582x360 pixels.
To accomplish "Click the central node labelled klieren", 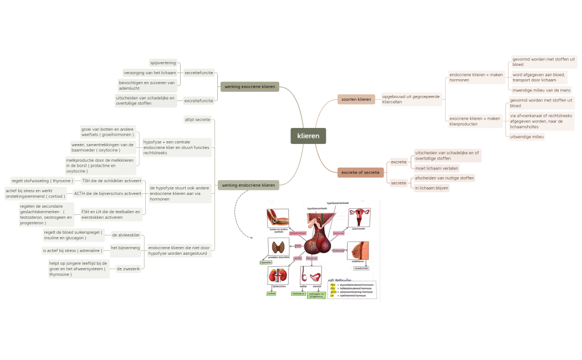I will coord(308,136).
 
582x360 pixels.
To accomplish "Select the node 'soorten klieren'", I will coord(356,99).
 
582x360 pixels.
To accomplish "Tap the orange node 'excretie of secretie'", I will coord(360,172).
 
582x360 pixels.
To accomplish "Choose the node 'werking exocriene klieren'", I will coord(249,86).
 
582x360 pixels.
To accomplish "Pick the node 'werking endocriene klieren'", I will coord(248,185).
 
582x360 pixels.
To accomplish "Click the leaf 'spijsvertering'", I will coord(162,63).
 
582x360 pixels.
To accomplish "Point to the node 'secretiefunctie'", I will coord(198,73).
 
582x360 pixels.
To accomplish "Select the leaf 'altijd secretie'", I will coord(197,119).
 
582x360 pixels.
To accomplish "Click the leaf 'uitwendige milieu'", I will coord(527,136).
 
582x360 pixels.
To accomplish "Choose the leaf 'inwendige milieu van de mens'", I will coord(540,90).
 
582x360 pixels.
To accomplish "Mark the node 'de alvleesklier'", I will coord(126,235).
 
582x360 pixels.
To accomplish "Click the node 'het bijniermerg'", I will coord(125,248).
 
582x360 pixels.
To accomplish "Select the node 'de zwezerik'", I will coord(127,269).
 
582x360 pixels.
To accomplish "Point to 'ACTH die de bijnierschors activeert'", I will coord(108,193).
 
